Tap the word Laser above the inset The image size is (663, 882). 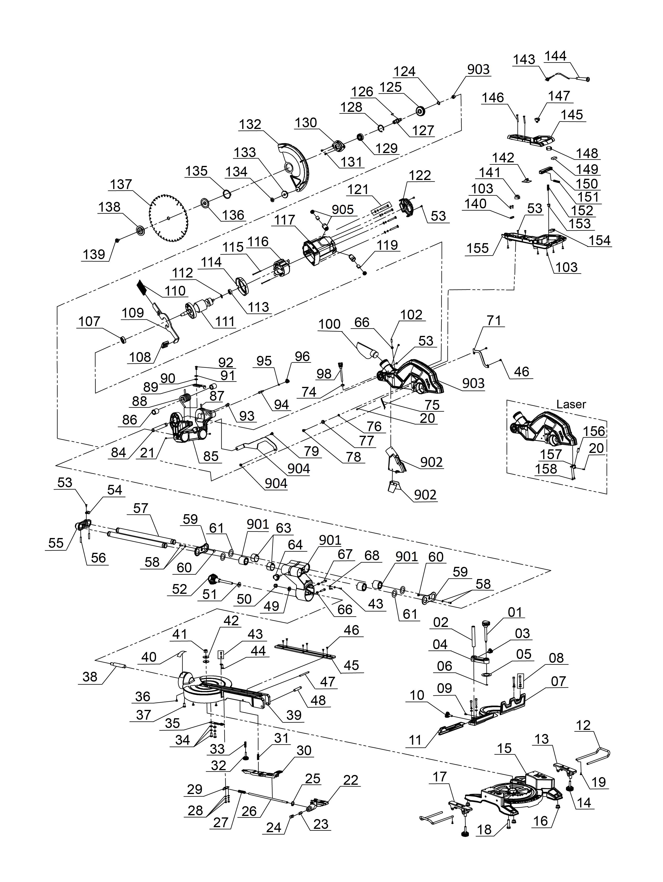[571, 404]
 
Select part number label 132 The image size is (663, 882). [250, 124]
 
